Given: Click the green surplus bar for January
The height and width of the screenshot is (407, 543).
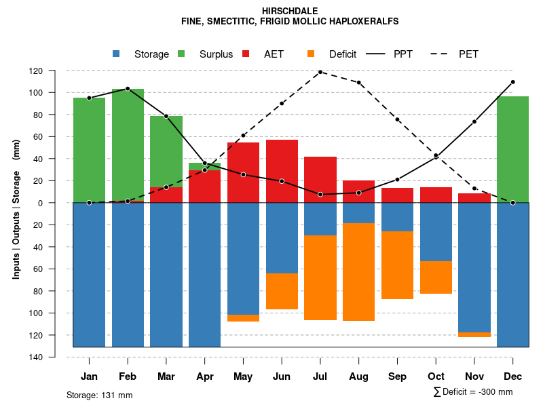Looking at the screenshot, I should pyautogui.click(x=89, y=150).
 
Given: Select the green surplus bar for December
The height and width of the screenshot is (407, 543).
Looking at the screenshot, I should pyautogui.click(x=512, y=149).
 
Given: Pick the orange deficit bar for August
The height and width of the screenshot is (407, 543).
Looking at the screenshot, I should pyautogui.click(x=358, y=271).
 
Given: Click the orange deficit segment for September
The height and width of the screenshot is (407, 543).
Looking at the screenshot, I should pyautogui.click(x=397, y=265).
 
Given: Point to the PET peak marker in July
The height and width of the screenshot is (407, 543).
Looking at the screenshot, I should pyautogui.click(x=320, y=72).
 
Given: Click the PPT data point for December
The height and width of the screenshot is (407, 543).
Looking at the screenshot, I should pyautogui.click(x=512, y=82).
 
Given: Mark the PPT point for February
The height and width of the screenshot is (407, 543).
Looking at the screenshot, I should pyautogui.click(x=128, y=89).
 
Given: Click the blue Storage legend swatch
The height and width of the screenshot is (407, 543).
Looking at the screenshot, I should pyautogui.click(x=117, y=54).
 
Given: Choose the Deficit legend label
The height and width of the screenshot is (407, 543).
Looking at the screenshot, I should pyautogui.click(x=343, y=54).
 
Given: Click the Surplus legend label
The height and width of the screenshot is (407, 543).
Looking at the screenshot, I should pyautogui.click(x=216, y=54).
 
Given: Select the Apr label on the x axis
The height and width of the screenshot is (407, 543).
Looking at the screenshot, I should pyautogui.click(x=204, y=376).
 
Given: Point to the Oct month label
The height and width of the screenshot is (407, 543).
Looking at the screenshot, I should pyautogui.click(x=436, y=376).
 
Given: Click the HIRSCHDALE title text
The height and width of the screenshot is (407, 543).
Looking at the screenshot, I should pyautogui.click(x=289, y=12).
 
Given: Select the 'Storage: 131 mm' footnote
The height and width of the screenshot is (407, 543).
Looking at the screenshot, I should pyautogui.click(x=99, y=395).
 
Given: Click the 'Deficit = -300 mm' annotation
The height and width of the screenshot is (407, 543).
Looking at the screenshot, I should pyautogui.click(x=473, y=392).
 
